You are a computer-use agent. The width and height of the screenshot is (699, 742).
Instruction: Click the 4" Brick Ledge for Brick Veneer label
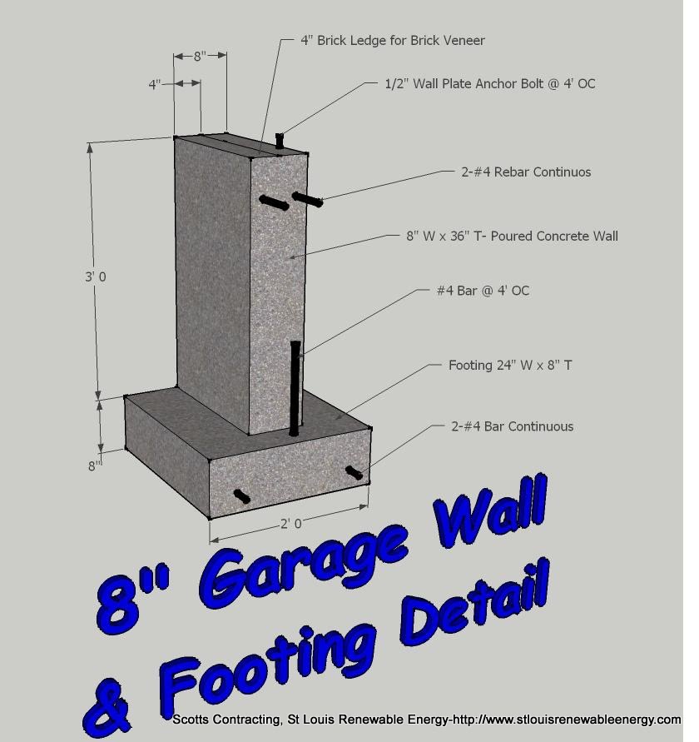pos(393,41)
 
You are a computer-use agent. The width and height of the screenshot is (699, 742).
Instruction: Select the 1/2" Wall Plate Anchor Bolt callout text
pos(490,84)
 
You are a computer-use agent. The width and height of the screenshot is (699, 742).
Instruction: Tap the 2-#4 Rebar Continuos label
pos(526,172)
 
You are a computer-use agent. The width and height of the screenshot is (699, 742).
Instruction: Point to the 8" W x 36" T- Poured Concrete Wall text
pos(513,237)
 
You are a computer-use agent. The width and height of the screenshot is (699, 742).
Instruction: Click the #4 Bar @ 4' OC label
pos(483,291)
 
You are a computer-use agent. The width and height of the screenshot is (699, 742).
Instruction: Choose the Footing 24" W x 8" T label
pos(510,366)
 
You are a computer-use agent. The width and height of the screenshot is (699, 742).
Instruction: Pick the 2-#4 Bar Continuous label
pos(513,426)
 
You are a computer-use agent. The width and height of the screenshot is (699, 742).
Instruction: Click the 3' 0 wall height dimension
pos(96,276)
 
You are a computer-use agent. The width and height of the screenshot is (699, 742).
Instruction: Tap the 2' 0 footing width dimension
pos(291,524)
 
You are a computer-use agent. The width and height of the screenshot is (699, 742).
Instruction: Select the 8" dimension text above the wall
pos(200,57)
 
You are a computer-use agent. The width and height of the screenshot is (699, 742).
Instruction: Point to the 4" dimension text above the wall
pos(155,85)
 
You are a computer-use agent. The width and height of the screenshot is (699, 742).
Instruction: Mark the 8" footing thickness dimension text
pos(95,466)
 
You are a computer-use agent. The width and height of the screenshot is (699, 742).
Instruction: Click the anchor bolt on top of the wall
pos(280,141)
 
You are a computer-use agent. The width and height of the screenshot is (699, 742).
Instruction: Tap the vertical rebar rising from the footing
pos(295,388)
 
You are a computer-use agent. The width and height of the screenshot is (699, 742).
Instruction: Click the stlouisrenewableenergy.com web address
pos(597,720)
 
